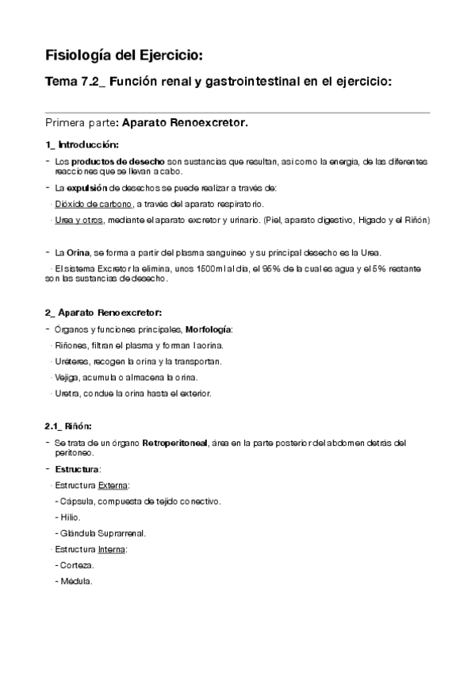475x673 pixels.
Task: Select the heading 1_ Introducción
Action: (82, 144)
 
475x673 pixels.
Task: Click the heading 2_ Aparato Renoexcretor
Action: (104, 313)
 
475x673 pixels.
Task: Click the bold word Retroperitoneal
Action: (174, 443)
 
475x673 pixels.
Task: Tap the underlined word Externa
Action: (114, 485)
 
